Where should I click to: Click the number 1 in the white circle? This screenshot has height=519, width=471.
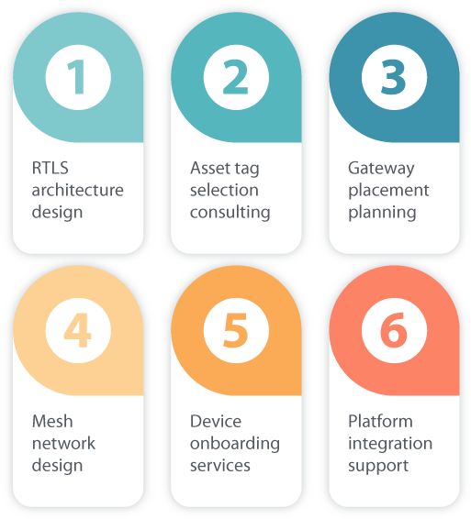point(77,77)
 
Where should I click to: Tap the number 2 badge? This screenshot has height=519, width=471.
point(236,77)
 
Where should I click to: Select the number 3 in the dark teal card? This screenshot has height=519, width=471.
point(394,77)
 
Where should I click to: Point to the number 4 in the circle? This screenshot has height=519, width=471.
point(77,330)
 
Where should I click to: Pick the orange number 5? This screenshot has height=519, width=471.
point(236,330)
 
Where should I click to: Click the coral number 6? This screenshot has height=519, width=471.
point(394,330)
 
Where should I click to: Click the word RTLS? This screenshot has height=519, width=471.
point(50,168)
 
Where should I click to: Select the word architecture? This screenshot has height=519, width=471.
point(77,190)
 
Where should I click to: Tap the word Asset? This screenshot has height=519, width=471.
point(210,168)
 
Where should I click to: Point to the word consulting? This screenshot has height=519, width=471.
point(230,213)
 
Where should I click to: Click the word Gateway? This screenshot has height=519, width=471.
point(381,169)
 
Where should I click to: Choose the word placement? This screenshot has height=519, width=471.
point(388,191)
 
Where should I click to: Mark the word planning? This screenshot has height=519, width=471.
point(382,213)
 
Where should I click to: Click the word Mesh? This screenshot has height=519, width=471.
point(52,422)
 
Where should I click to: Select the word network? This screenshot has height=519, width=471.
point(63,443)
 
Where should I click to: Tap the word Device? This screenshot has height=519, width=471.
point(216,422)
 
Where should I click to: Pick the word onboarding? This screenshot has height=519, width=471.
point(235,444)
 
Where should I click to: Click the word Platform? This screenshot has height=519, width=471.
point(380,422)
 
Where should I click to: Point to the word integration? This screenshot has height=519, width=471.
point(390,444)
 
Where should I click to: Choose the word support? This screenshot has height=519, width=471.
point(378,467)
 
